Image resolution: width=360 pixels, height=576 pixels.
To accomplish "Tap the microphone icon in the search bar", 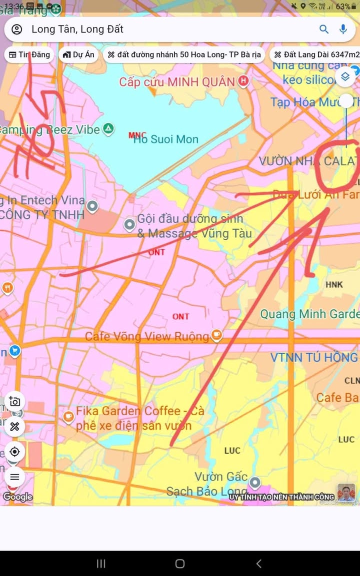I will pos(343,29).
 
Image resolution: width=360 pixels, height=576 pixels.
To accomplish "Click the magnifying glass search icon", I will pos(324,29).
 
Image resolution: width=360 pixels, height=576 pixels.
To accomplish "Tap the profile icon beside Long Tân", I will pos(16,29).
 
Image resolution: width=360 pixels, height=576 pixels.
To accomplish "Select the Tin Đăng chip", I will pos(29,55).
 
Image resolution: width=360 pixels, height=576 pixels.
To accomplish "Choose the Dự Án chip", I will pos(78,55).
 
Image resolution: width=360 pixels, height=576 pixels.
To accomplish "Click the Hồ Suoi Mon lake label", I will pos(165,139).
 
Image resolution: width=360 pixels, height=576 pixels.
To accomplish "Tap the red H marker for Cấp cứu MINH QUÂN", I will pos(243,81).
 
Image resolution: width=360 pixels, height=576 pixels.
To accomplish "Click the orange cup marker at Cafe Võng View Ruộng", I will pos(216,336).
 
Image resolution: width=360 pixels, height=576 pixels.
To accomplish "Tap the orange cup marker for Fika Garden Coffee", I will pos(68,416).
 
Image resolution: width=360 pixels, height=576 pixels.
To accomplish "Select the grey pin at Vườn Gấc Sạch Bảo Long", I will pos(255,483).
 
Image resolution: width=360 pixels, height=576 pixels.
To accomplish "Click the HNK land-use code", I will pos(334,285).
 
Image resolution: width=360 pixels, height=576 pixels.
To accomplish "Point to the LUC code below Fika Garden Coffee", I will pos(232,451).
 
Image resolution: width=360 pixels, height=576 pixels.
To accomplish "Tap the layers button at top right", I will pos(345,76).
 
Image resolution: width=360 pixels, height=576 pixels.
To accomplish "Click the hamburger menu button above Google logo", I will pos(14,477).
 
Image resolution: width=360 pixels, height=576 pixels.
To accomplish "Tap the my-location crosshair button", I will pos(14,452).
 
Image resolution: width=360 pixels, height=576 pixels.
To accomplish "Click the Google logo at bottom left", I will pos(17,497).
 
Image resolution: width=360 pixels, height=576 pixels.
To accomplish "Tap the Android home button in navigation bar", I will pos(180,564).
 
